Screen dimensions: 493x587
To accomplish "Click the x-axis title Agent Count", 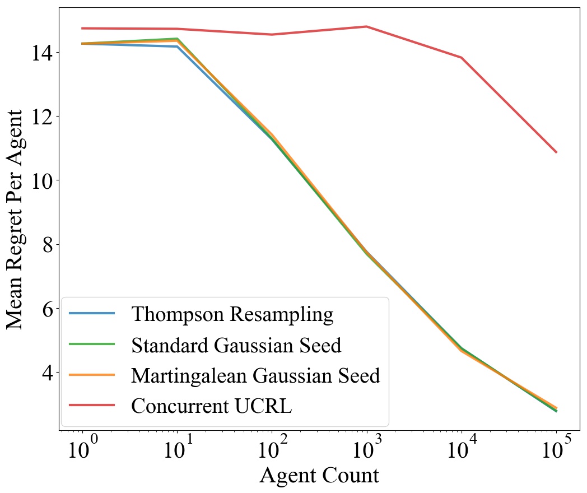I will (x=319, y=476).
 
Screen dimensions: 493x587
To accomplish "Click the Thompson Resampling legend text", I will (x=232, y=314).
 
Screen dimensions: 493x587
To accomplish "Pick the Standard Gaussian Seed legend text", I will (x=236, y=345).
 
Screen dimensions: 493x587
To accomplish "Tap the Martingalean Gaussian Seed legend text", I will (x=255, y=375).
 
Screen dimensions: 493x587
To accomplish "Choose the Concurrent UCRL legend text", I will (x=211, y=406).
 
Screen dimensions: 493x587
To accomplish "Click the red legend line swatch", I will (x=92, y=405).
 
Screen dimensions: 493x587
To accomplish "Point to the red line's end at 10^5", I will (x=556, y=152).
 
